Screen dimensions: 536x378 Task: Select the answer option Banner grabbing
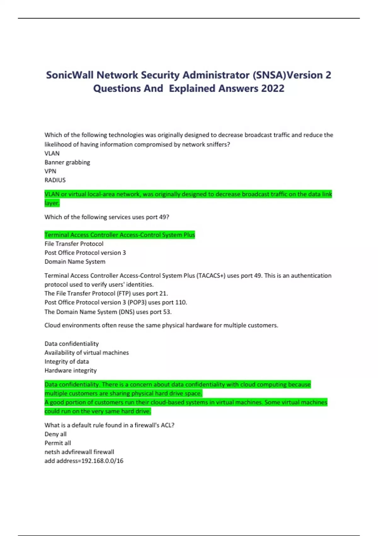coord(67,162)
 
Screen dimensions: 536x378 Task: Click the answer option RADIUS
coord(55,180)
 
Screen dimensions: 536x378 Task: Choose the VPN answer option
coord(50,171)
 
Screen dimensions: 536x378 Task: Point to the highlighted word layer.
coord(52,203)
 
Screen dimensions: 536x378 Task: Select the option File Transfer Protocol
coord(74,244)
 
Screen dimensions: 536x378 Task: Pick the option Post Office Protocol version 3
coord(85,253)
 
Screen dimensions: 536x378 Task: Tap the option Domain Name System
coord(75,261)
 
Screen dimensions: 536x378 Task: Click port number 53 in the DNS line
coord(167,312)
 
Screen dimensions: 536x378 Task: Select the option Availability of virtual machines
coord(87,352)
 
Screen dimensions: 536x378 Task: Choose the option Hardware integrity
coord(71,370)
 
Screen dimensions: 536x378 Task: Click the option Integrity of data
coord(67,361)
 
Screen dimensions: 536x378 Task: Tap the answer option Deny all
coord(55,434)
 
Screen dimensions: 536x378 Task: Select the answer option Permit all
coord(58,443)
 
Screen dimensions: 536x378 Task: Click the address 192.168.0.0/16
coord(102,461)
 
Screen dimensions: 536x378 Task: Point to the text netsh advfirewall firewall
coord(79,452)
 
